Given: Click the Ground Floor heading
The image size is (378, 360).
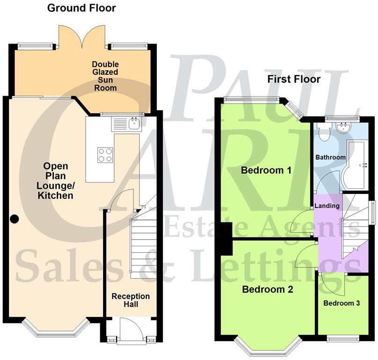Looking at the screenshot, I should tap(82, 8).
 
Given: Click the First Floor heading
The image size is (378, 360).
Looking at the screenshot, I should tap(294, 79).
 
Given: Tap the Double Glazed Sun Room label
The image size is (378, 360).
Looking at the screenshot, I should tap(105, 76).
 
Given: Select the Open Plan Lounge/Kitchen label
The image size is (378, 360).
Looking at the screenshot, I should tap(56, 181).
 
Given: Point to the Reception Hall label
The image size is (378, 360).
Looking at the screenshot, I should tap(131, 301).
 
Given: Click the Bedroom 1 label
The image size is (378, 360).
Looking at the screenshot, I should tap(266, 170).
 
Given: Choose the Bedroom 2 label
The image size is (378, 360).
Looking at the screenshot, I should tap(268, 289).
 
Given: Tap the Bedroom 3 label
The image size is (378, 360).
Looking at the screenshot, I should tap(342, 303).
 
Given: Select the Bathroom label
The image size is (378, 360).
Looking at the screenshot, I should tap(330, 157).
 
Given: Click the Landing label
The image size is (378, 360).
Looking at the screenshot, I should tap(327, 206).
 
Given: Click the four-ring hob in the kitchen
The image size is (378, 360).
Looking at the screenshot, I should tap(105, 155).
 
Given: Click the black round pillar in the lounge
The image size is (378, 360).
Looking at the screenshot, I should tap(15, 218).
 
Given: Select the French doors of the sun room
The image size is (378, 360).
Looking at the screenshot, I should tap(83, 37).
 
